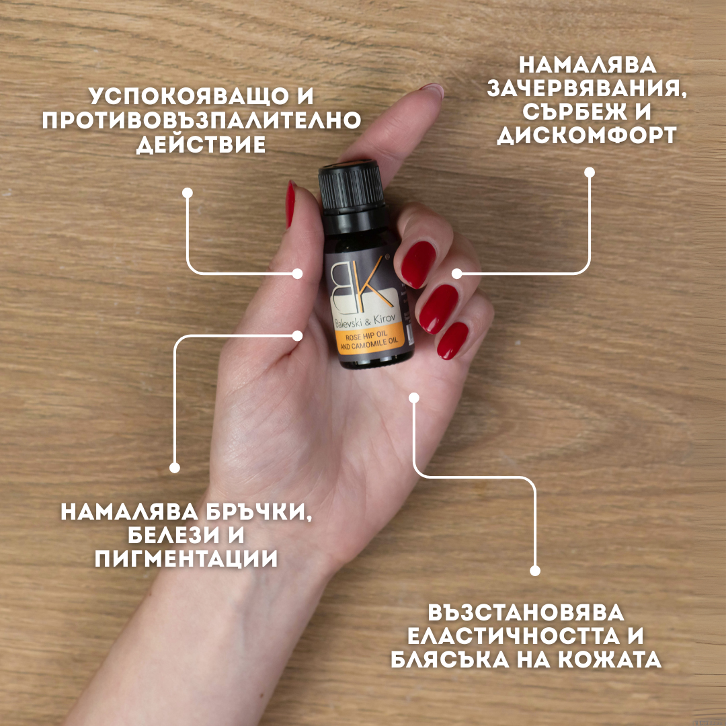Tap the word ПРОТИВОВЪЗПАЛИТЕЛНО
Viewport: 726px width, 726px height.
click(201, 120)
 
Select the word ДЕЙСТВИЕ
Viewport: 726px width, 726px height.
click(201, 145)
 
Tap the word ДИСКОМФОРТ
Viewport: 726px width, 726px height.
click(586, 135)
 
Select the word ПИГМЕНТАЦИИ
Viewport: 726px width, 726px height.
click(186, 559)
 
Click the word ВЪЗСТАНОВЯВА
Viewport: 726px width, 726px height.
click(526, 613)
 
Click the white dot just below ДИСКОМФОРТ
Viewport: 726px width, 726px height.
click(590, 172)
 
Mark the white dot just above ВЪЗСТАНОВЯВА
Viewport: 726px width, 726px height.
click(535, 571)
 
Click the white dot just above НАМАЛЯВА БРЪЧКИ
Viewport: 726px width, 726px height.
click(175, 468)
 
